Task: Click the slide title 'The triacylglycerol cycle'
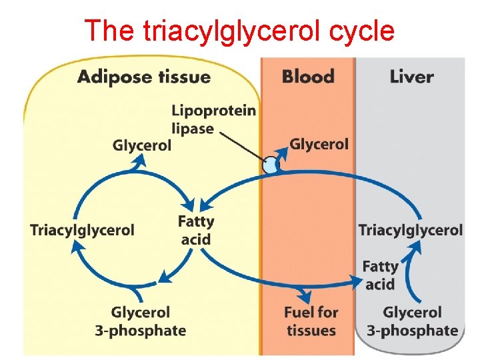pos(240,30)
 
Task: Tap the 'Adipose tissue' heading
pos(144,76)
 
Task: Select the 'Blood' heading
pos(308,76)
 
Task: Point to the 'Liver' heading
pos(412,76)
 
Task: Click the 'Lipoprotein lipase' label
pos(213,119)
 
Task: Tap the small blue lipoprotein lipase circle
pos(270,165)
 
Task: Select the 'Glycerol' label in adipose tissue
pos(142,145)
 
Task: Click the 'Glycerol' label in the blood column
pos(319,144)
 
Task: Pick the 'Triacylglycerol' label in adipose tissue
pos(82,230)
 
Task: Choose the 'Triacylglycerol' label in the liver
pos(411,230)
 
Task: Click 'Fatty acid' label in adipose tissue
pos(196,230)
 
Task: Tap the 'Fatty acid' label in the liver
pos(380,275)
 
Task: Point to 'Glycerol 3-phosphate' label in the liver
pos(413,321)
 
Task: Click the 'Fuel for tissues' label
pos(311,321)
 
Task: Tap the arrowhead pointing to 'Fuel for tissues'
pos(306,295)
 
